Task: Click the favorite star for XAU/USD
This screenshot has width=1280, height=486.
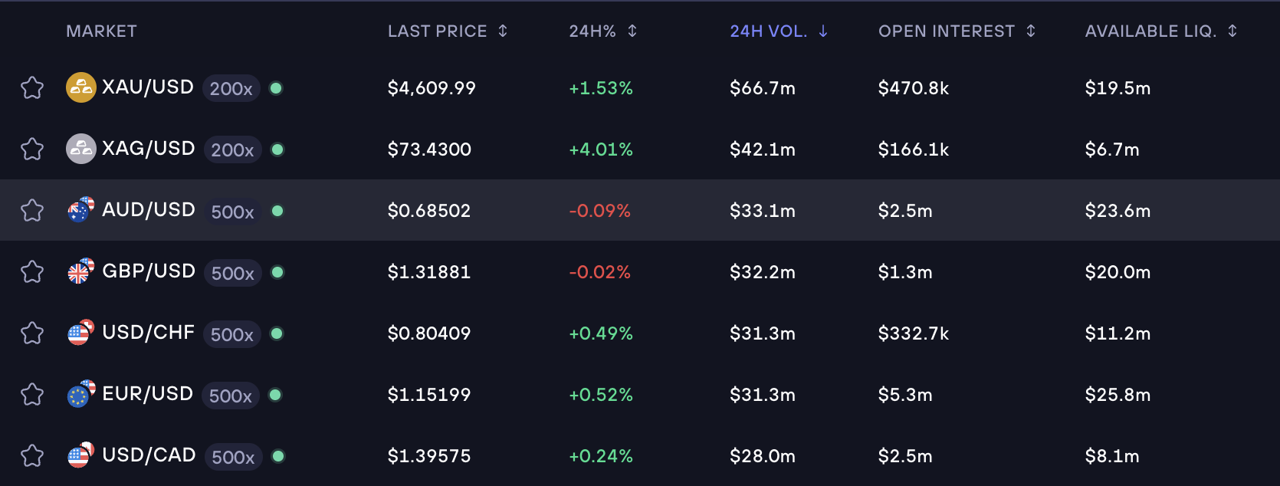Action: (x=32, y=88)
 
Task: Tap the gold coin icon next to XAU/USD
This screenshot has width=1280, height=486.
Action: (x=81, y=87)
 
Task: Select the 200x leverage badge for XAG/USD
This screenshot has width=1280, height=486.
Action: (x=232, y=149)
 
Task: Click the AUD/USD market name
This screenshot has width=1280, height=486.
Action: (x=148, y=210)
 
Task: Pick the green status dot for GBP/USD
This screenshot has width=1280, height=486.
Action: (x=277, y=272)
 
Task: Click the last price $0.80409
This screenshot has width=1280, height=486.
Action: (x=428, y=333)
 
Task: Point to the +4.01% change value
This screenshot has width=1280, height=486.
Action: (x=600, y=149)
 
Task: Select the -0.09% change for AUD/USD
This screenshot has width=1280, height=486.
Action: (x=599, y=211)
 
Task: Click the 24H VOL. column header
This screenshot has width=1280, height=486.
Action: (x=768, y=31)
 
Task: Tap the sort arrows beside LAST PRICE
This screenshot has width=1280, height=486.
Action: (x=503, y=31)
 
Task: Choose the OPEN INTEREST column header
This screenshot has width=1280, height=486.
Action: (x=946, y=31)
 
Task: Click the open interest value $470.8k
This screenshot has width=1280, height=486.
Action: (x=913, y=88)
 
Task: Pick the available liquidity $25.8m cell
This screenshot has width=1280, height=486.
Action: (x=1117, y=395)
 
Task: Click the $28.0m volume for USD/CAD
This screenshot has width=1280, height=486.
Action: (x=762, y=456)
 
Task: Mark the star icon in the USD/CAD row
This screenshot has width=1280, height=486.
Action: (x=32, y=456)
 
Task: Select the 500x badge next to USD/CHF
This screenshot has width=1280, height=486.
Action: (x=231, y=334)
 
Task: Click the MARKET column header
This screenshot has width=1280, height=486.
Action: (x=101, y=31)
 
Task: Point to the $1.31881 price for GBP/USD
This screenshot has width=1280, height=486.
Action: (x=428, y=272)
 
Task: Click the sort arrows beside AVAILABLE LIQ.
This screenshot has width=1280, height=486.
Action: (x=1232, y=31)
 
